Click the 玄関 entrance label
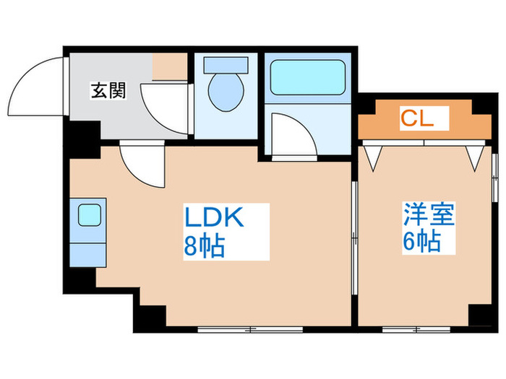pyautogui.click(x=108, y=90)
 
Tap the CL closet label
pyautogui.click(x=417, y=118)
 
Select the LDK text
pyautogui.click(x=214, y=218)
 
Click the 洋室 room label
pyautogui.click(x=429, y=214)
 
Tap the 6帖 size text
pyautogui.click(x=422, y=240)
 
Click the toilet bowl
pyautogui.click(x=226, y=92)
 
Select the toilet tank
pyautogui.click(x=226, y=65)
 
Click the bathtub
pyautogui.click(x=307, y=77)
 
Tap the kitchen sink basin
pyautogui.click(x=90, y=215)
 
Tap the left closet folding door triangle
pyautogui.click(x=374, y=158)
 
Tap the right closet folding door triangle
pyautogui.click(x=475, y=158)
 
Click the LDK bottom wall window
pyautogui.click(x=250, y=329)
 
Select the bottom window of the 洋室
pyautogui.click(x=416, y=329)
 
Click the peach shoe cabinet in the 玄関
pyautogui.click(x=170, y=66)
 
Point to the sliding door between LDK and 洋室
pyautogui.click(x=355, y=238)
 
